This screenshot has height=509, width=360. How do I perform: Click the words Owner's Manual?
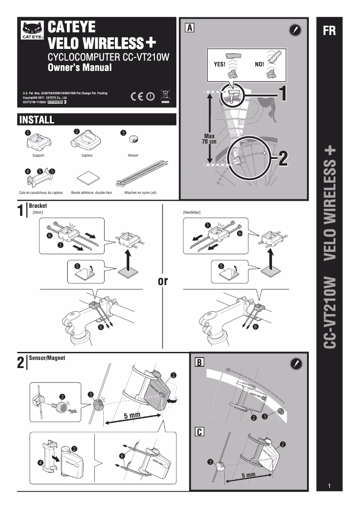click(79, 68)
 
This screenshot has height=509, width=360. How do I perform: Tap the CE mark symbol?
click(138, 96)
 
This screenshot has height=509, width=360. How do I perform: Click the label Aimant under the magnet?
click(133, 155)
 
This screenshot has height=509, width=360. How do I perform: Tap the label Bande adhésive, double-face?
click(92, 193)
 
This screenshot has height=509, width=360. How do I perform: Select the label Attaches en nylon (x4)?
click(140, 193)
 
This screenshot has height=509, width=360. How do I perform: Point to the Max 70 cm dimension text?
click(210, 139)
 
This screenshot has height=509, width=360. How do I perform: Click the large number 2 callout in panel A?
click(283, 158)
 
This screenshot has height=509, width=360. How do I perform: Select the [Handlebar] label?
click(191, 211)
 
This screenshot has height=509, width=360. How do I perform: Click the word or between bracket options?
click(162, 282)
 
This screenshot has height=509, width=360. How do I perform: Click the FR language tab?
click(329, 31)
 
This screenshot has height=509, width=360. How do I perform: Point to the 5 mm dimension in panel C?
click(245, 474)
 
